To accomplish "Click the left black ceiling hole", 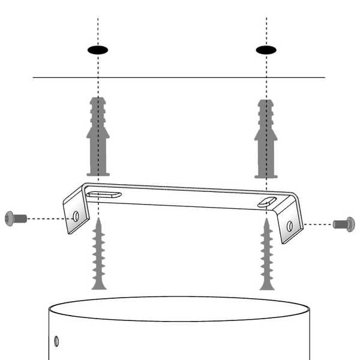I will [98, 50].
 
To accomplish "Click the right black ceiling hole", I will [266, 50].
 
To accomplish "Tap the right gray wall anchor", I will [266, 138].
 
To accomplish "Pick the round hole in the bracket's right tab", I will [289, 226].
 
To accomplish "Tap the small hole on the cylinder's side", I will [56, 341].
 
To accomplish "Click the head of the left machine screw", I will [9, 217].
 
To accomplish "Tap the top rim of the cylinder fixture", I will [180, 297].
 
